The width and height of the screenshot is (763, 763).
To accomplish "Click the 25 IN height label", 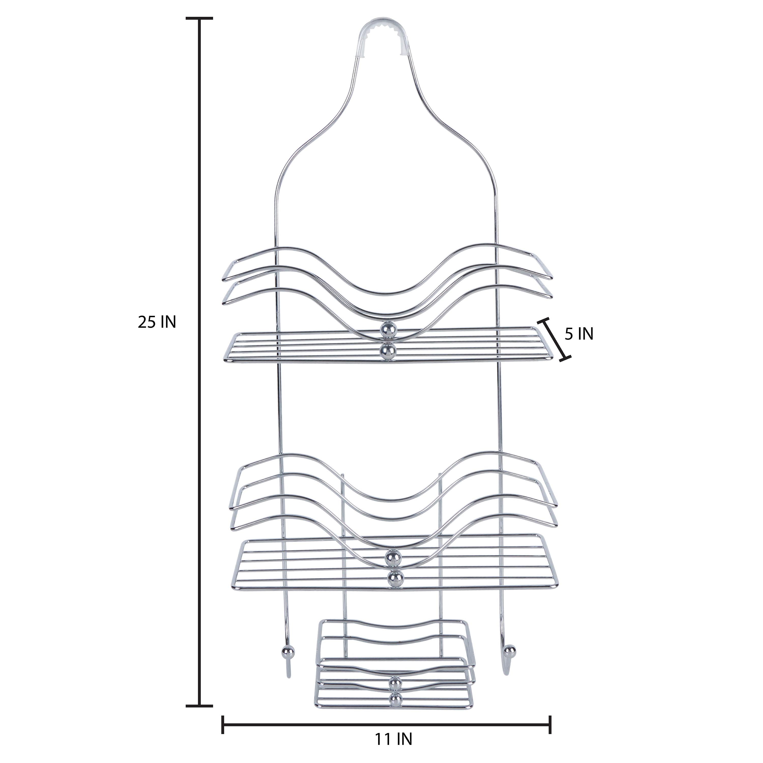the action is click(x=157, y=322).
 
